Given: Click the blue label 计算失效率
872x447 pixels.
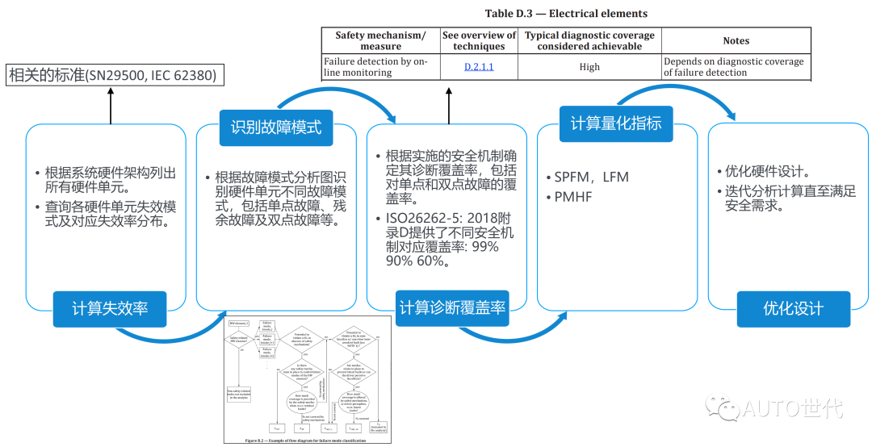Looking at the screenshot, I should tap(110, 308).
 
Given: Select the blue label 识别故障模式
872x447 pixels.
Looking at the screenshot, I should tap(275, 127).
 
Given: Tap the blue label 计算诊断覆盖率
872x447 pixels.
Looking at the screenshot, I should tap(453, 307).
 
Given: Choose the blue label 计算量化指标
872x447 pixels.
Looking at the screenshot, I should tap(616, 123).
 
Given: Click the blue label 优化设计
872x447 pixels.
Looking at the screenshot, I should tap(793, 308).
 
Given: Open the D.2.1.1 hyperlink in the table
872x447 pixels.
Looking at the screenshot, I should tap(479, 67).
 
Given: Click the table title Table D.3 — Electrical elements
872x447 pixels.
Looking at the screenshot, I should tap(566, 14).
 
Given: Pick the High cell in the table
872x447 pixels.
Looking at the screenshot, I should tap(589, 67).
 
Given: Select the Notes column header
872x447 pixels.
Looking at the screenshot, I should tap(736, 41).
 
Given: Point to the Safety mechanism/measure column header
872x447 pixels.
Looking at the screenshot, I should tap(380, 40).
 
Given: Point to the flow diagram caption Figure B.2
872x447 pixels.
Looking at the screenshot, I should tap(307, 441).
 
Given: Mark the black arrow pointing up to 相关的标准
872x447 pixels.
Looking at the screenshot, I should tap(111, 105).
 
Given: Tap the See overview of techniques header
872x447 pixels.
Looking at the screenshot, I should tap(479, 40).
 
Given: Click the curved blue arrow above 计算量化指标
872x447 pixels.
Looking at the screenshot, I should tap(686, 91).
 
